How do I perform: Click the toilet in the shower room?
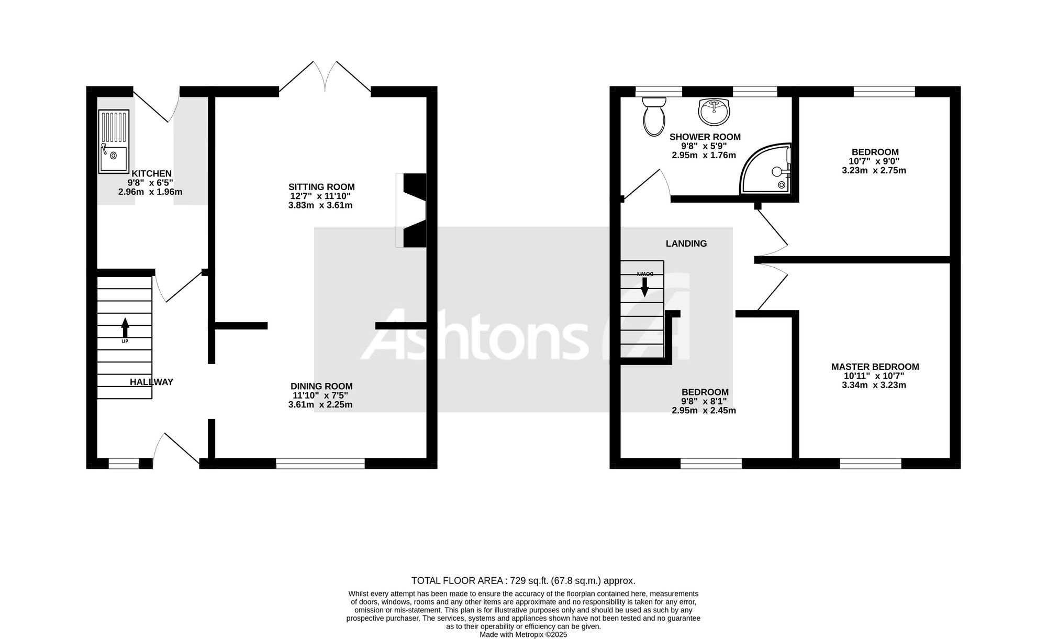(653, 116)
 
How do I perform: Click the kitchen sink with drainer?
(114, 141)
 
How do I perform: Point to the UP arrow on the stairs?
(125, 328)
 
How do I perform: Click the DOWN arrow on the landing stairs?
(645, 287)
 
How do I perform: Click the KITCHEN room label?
(151, 173)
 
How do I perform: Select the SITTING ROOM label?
(321, 187)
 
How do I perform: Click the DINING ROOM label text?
(322, 387)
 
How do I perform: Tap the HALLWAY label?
(151, 382)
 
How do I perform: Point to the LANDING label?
(686, 244)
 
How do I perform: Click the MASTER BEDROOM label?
(875, 367)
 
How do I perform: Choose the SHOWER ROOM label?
(705, 137)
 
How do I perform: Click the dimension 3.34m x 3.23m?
(874, 385)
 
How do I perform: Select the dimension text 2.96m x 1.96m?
(150, 192)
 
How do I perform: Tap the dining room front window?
(320, 464)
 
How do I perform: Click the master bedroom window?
(871, 464)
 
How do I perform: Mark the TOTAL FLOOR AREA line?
(523, 580)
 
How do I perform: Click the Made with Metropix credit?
(523, 634)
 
